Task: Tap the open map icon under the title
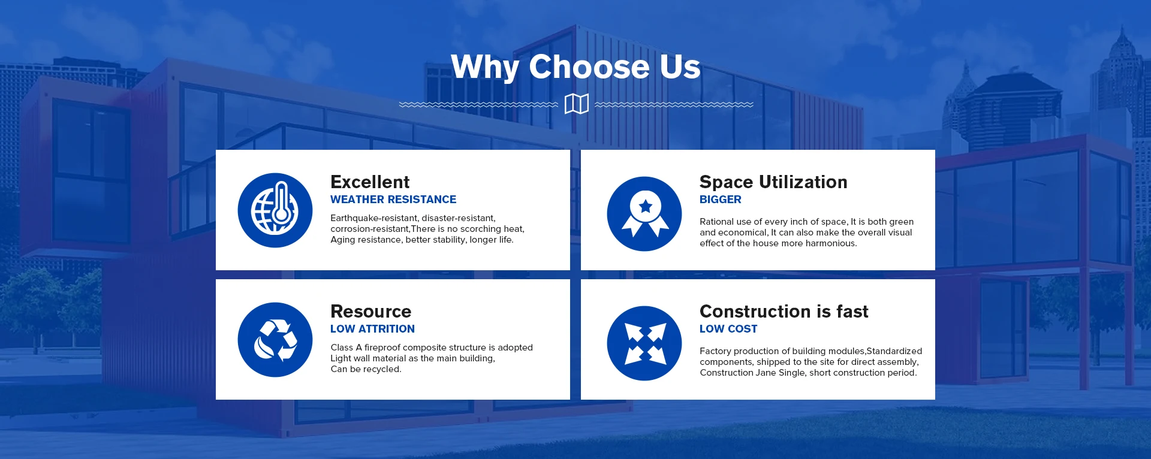577,104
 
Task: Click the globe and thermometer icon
275,210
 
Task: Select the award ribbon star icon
644,214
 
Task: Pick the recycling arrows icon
275,340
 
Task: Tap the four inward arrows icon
644,343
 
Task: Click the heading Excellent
370,182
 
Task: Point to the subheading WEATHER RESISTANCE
393,200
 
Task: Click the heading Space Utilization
773,182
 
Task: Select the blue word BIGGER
721,200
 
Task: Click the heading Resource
371,312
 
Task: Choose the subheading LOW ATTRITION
372,329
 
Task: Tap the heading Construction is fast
784,312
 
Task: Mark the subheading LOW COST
728,329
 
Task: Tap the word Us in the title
680,67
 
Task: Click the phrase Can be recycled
366,369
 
